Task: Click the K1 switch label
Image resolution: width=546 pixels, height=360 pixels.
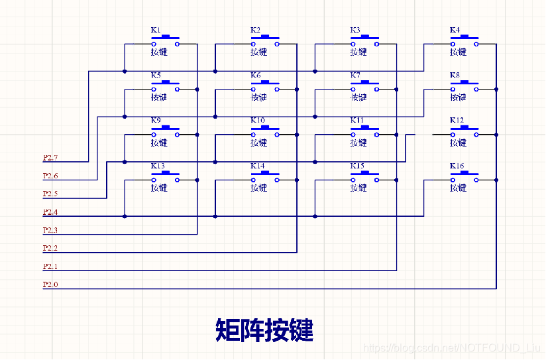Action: tap(155, 30)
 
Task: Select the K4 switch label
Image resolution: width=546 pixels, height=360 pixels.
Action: tap(455, 30)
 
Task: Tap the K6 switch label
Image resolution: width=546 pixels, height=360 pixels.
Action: tap(255, 76)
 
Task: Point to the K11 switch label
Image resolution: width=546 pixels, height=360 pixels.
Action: tap(357, 121)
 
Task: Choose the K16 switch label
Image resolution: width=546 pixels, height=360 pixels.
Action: tap(457, 166)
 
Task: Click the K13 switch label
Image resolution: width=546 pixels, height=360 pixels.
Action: tap(157, 166)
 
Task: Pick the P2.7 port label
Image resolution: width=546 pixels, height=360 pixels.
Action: tap(50, 158)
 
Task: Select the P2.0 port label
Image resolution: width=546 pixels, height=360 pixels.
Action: tap(50, 285)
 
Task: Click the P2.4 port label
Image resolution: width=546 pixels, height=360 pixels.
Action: tap(50, 213)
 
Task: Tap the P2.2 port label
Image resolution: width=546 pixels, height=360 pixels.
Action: tap(50, 249)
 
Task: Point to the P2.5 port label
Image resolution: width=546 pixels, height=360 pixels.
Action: tap(50, 194)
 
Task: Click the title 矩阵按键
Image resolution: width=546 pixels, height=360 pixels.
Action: tap(264, 330)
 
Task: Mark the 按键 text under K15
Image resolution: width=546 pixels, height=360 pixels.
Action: tap(358, 188)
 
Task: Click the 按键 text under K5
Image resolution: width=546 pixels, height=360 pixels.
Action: tap(159, 97)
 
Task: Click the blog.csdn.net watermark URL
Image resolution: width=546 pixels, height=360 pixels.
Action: tap(451, 348)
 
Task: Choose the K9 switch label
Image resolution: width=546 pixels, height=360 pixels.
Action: tap(155, 121)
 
